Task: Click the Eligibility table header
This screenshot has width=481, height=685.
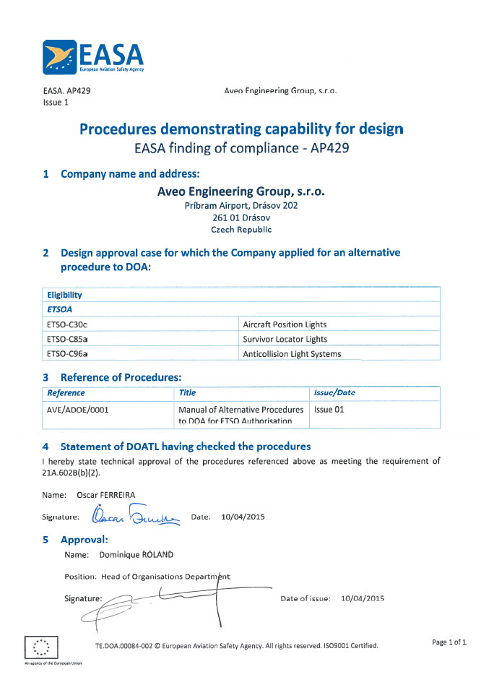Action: [x=64, y=295]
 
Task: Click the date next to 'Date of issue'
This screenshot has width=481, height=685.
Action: [x=363, y=598]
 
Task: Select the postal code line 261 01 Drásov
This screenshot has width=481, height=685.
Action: [x=240, y=217]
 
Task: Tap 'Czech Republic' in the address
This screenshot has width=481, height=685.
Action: [x=241, y=230]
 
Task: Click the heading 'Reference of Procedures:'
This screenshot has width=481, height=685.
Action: [x=121, y=377]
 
